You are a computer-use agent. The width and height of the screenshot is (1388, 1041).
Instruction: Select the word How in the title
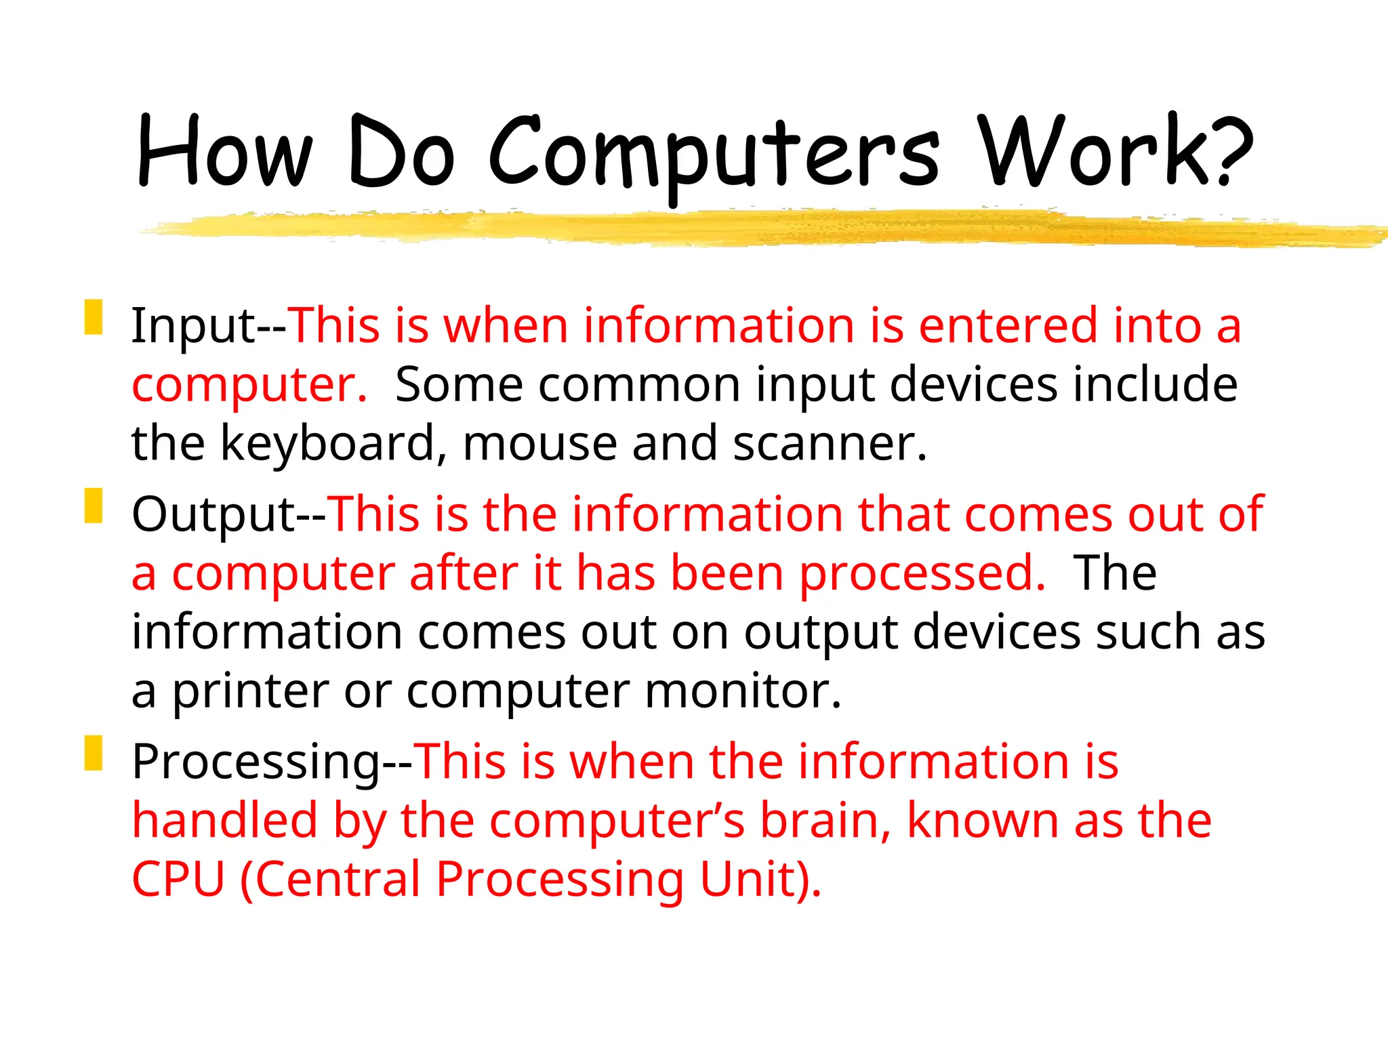click(x=224, y=152)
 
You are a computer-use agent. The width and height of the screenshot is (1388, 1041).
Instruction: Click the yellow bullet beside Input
click(x=94, y=317)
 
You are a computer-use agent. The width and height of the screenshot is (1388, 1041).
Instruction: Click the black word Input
click(x=193, y=327)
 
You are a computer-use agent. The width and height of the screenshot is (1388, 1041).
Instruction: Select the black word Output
click(x=213, y=515)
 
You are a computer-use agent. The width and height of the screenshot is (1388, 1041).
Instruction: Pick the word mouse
click(x=539, y=444)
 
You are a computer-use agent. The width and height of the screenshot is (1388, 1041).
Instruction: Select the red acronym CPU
click(x=178, y=880)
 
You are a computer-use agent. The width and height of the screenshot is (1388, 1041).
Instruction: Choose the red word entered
click(x=1007, y=326)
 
